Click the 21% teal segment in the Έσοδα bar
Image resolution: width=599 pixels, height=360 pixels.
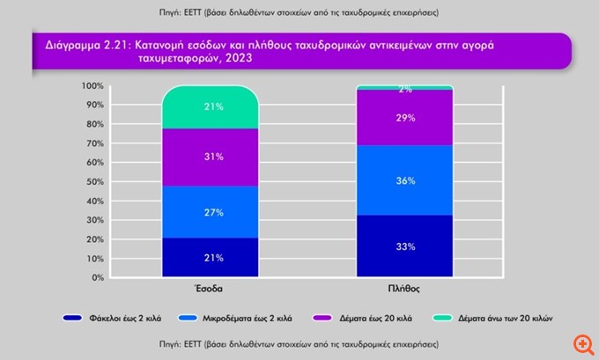[211, 107]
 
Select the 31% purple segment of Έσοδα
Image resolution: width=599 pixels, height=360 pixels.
[211, 158]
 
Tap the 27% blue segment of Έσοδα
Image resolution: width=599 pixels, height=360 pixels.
[211, 212]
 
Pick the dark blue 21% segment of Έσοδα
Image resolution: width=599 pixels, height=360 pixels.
[211, 257]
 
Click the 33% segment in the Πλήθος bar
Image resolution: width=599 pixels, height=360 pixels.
[405, 246]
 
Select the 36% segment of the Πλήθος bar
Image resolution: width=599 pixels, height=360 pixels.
[405, 181]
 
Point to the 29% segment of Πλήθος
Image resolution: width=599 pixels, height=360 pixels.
[405, 118]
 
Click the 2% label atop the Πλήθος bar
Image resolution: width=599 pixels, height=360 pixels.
[405, 89]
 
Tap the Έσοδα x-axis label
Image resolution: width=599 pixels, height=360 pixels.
[211, 288]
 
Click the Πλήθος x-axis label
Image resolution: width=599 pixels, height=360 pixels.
[405, 288]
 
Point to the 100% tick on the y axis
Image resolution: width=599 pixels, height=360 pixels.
[92, 86]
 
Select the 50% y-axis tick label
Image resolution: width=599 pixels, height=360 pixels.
[94, 181]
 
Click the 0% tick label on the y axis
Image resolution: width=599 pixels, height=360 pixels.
[97, 277]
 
